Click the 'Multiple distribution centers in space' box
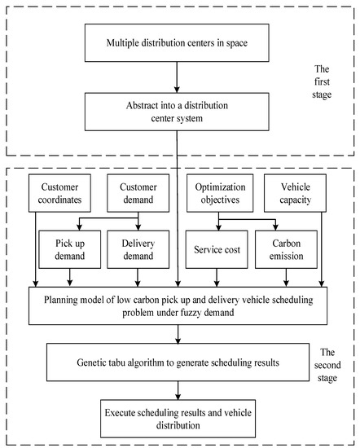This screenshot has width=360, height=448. click(177, 42)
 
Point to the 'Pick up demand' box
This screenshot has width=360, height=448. click(64, 248)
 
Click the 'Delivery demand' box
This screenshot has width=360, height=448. click(135, 248)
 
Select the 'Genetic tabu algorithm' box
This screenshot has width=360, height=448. click(177, 359)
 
